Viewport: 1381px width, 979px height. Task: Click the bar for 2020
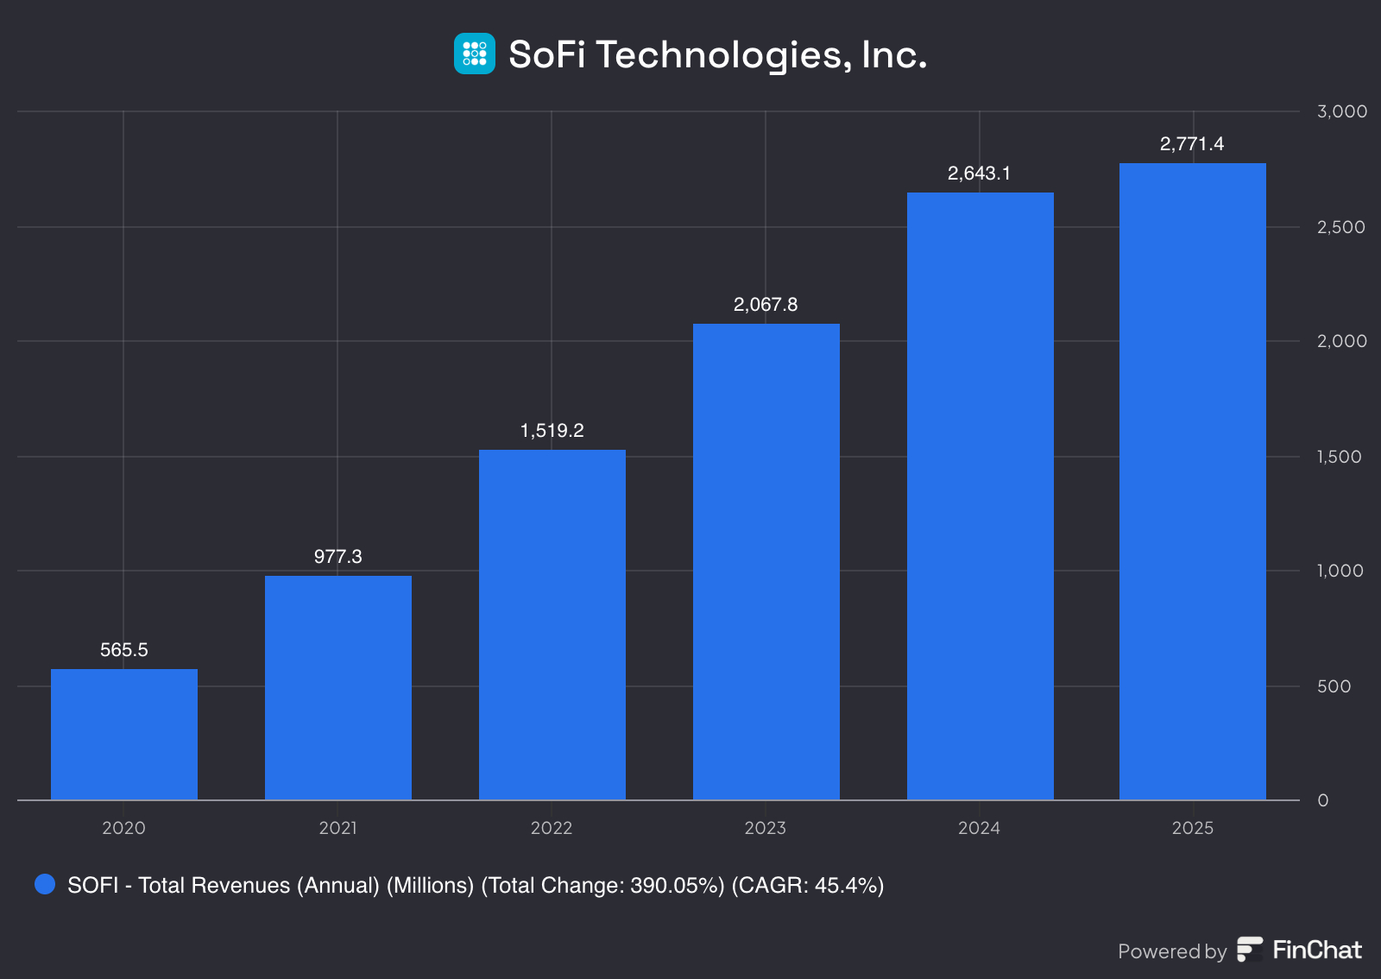pyautogui.click(x=124, y=734)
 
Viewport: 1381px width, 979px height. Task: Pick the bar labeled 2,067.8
pyautogui.click(x=766, y=561)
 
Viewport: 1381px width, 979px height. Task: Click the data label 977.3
pyautogui.click(x=338, y=557)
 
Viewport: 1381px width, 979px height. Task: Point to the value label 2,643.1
pyautogui.click(x=979, y=174)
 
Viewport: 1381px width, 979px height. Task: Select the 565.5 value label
pyautogui.click(x=124, y=650)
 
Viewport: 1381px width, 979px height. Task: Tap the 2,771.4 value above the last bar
pyautogui.click(x=1192, y=144)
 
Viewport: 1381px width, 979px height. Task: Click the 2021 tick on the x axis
pyautogui.click(x=337, y=828)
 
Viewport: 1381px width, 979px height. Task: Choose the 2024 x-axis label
pyautogui.click(x=979, y=828)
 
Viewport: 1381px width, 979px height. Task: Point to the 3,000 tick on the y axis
pyautogui.click(x=1341, y=111)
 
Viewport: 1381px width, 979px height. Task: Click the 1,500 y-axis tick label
pyautogui.click(x=1339, y=457)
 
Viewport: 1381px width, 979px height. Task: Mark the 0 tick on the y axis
pyautogui.click(x=1323, y=800)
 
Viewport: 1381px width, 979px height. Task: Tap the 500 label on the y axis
pyautogui.click(x=1334, y=686)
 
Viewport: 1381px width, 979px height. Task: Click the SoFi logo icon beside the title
pyautogui.click(x=475, y=54)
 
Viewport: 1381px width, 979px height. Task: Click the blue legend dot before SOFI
pyautogui.click(x=45, y=884)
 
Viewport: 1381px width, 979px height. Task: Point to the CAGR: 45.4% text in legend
pyautogui.click(x=808, y=886)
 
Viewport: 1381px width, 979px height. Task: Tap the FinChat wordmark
pyautogui.click(x=1317, y=950)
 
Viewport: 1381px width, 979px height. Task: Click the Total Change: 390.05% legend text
pyautogui.click(x=602, y=886)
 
